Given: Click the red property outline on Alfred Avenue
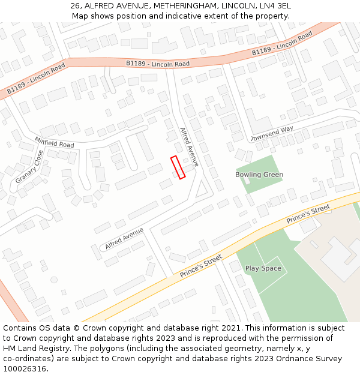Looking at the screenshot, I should point(178,167).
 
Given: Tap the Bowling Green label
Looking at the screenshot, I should point(259,175).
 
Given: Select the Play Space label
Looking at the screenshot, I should point(263,268).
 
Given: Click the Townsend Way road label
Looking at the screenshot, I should point(272,133).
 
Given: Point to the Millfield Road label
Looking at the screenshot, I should point(54,142).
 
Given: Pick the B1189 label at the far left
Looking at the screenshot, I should point(35,81).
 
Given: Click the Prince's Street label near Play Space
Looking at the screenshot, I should point(201,266).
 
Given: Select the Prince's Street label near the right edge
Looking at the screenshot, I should point(308,214).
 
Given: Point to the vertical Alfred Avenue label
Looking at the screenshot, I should point(189,147).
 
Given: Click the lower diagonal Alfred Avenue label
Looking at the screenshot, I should point(124,238).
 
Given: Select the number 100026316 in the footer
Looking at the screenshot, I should point(25,368).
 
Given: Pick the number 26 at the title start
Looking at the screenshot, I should point(75,5).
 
